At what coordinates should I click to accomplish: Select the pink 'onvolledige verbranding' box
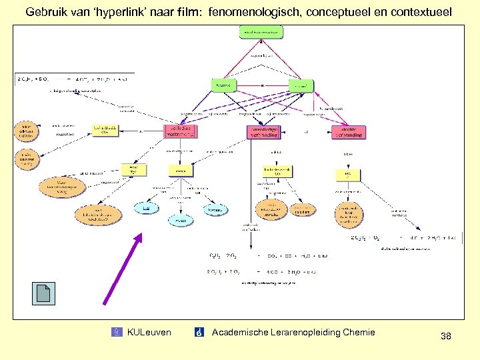coord(264,131)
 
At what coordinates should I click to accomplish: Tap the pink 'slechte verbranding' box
coord(348,131)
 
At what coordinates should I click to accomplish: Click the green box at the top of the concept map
coord(261,32)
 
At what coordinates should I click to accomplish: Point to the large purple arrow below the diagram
coord(122,267)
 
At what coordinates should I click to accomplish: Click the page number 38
coord(445,337)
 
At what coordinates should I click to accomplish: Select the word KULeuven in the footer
coord(149,332)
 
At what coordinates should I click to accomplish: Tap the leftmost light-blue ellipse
coord(147,209)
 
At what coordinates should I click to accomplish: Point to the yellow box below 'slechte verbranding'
coord(347,175)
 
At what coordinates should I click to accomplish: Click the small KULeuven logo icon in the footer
coord(118,332)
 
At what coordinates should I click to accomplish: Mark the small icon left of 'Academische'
coord(199,332)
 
